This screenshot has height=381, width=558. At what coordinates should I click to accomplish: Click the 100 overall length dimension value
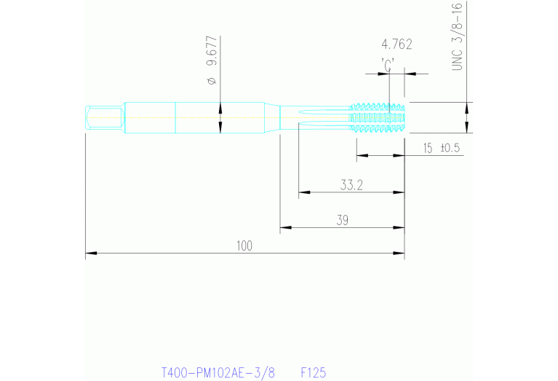click(244, 246)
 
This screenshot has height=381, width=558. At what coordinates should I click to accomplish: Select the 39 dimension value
click(341, 220)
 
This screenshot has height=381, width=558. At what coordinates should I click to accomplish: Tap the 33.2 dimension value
click(351, 185)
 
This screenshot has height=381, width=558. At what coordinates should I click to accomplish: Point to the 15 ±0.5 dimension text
click(442, 148)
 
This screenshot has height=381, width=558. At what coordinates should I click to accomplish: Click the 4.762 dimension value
click(396, 44)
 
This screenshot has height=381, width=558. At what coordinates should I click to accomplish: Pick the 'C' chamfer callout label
click(388, 63)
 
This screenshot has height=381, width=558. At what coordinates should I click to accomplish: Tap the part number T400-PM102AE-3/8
click(218, 372)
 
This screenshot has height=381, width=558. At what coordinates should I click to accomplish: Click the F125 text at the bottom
click(314, 372)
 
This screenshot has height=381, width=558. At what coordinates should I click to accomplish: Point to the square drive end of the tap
click(103, 117)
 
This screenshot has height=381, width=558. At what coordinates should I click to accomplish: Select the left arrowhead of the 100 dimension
click(90, 254)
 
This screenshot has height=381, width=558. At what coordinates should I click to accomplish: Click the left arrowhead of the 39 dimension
click(285, 228)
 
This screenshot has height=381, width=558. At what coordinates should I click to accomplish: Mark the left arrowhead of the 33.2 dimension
click(303, 193)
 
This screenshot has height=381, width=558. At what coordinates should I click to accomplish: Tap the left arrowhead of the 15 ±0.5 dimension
click(361, 155)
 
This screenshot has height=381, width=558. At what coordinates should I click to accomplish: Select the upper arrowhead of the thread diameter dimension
click(467, 106)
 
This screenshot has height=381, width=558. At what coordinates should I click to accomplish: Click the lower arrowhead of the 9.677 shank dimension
click(220, 129)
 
